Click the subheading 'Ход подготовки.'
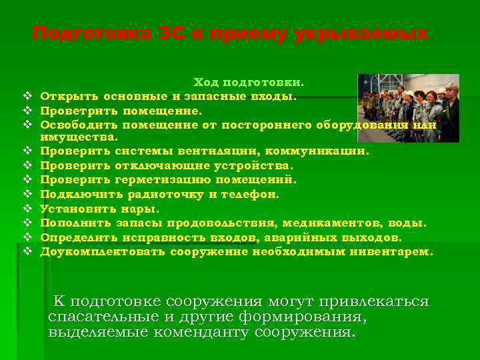pos(249,82)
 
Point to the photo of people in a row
pos(408,107)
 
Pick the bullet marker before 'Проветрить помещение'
pos(27,110)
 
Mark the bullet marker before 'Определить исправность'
pos(27,237)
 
